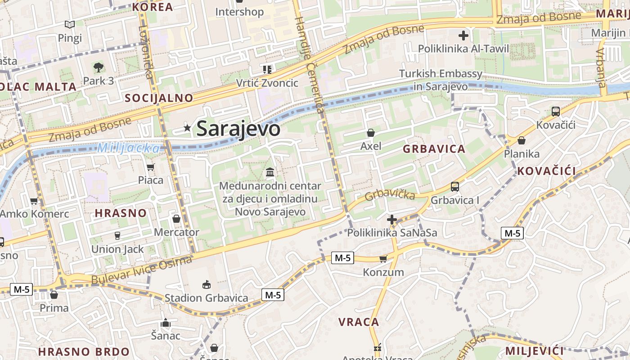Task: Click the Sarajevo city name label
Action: tap(238, 129)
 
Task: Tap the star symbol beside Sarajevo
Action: tap(187, 128)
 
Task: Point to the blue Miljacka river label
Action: tap(129, 148)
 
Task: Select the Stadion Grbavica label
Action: tap(206, 298)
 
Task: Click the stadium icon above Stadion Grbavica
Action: tap(207, 284)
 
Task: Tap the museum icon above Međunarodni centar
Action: tap(270, 172)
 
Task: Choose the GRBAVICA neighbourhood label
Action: tap(434, 149)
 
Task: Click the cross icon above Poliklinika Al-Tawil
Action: tap(463, 35)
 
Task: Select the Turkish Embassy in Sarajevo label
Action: tap(441, 80)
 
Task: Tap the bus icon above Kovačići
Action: tap(556, 111)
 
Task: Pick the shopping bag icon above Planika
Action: tap(522, 140)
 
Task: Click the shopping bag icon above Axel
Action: tap(371, 133)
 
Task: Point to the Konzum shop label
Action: tap(383, 272)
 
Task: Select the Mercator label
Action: tap(176, 232)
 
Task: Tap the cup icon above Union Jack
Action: tap(117, 235)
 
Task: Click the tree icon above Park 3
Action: tap(98, 67)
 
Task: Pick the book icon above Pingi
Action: tap(69, 24)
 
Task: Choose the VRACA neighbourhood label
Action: tap(359, 322)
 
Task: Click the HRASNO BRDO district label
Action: tap(84, 351)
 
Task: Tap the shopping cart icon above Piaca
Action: tap(150, 167)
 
